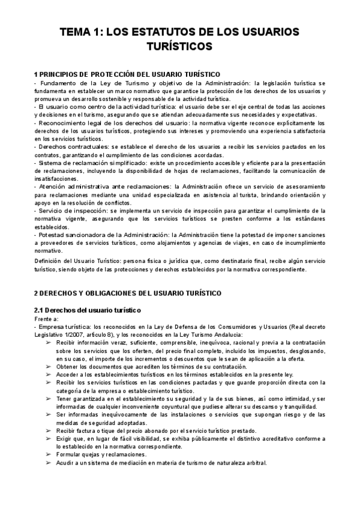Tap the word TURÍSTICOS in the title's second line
pos(180,46)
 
